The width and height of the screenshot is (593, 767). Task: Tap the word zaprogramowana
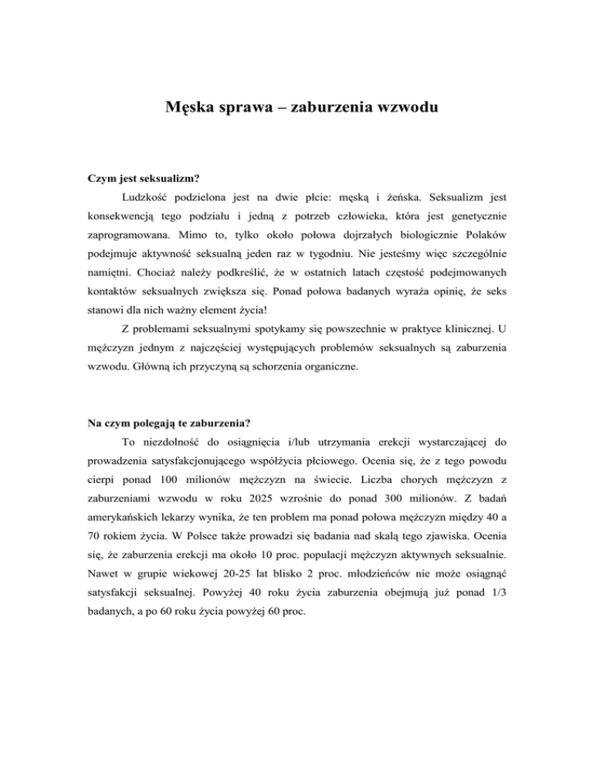pos(130,235)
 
